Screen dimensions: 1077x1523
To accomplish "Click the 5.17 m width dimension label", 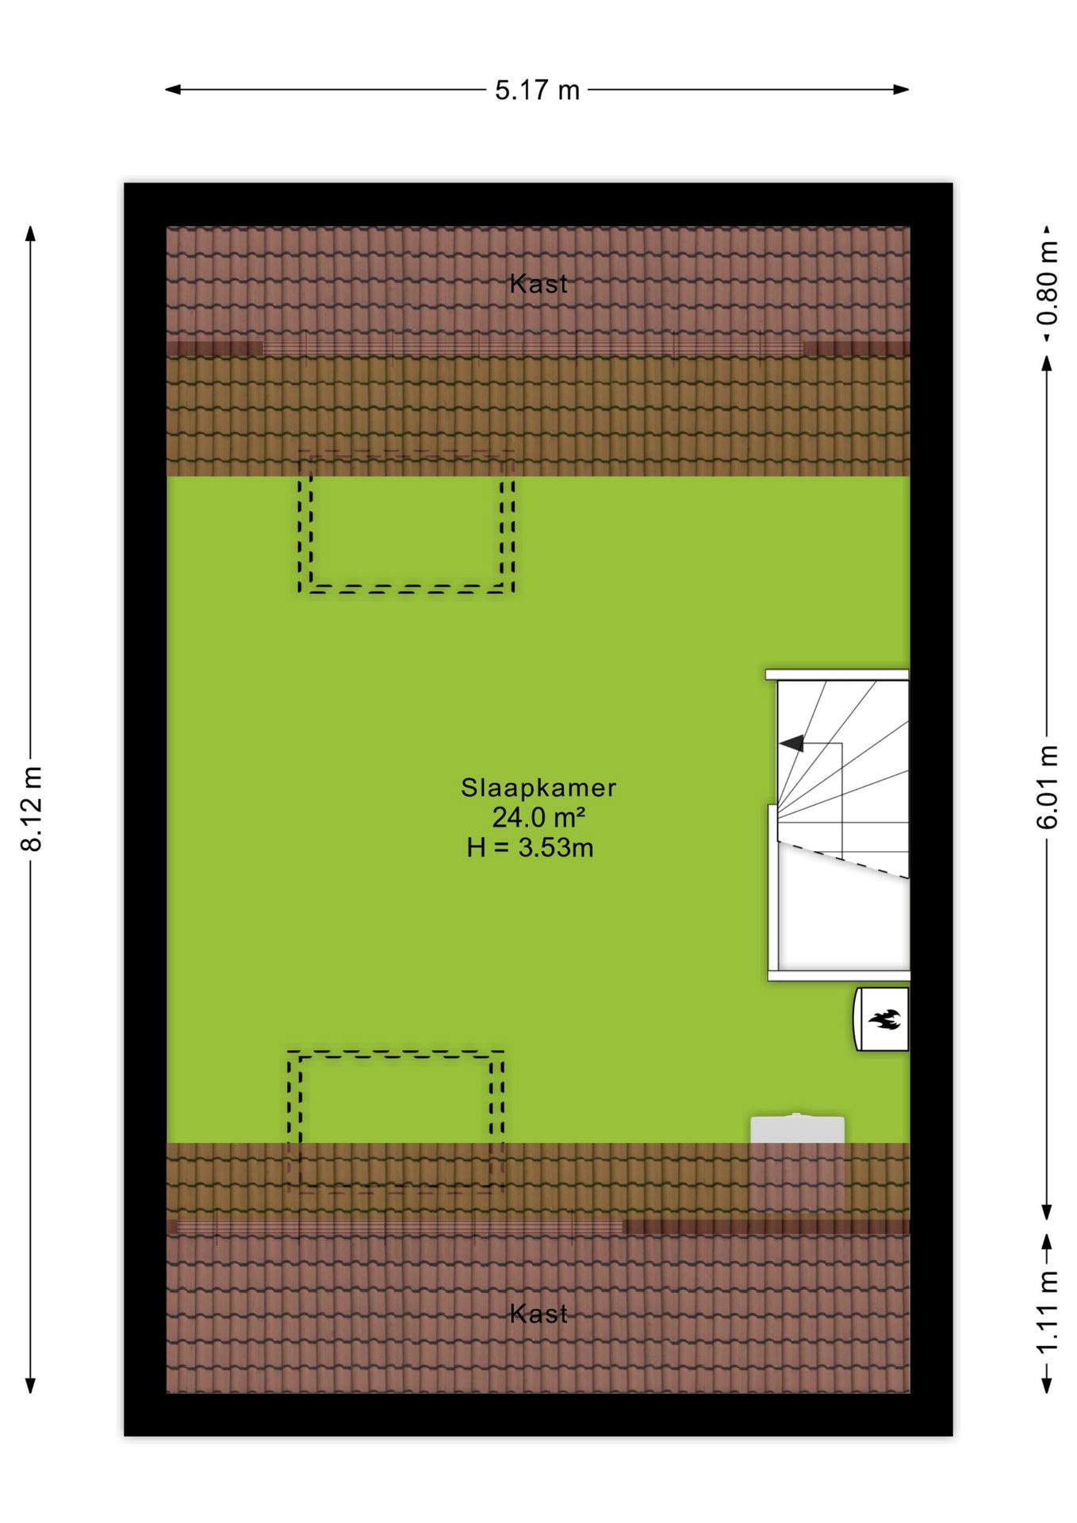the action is (x=537, y=90).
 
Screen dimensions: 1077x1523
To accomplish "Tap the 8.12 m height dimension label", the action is (x=32, y=809).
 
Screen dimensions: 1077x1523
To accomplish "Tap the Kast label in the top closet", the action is (x=538, y=284).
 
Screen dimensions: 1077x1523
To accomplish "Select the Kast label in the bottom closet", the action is (x=538, y=1314).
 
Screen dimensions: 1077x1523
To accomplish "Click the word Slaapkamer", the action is (x=538, y=788).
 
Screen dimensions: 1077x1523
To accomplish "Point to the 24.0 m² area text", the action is (x=538, y=817).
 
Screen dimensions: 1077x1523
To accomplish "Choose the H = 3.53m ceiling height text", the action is (x=530, y=848).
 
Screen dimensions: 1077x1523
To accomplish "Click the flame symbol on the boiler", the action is (x=883, y=1019).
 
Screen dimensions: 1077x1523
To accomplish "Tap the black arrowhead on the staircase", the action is (x=791, y=743).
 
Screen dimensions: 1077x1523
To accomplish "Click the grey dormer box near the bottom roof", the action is (x=797, y=1129).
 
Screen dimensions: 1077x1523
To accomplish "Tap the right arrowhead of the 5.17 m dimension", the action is (x=901, y=90).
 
